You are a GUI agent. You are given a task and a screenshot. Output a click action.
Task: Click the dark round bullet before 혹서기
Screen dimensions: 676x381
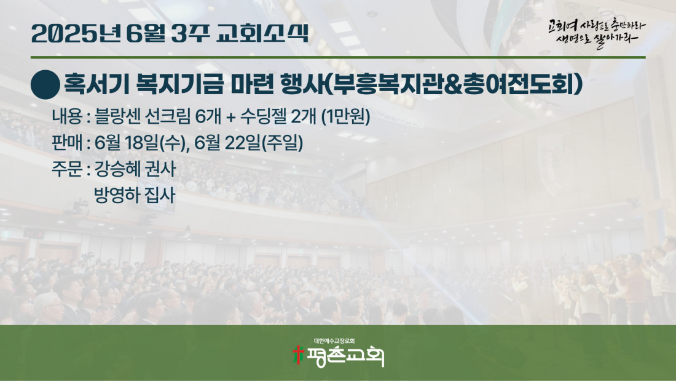click(45, 85)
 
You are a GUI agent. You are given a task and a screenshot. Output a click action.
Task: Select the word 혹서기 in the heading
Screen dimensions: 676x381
click(96, 84)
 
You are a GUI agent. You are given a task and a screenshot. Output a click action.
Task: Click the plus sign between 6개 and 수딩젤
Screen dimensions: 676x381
click(230, 117)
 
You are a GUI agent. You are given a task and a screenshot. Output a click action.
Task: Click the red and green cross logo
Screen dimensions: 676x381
click(297, 355)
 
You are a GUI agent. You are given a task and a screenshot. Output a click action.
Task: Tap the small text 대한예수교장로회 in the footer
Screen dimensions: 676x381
click(334, 341)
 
